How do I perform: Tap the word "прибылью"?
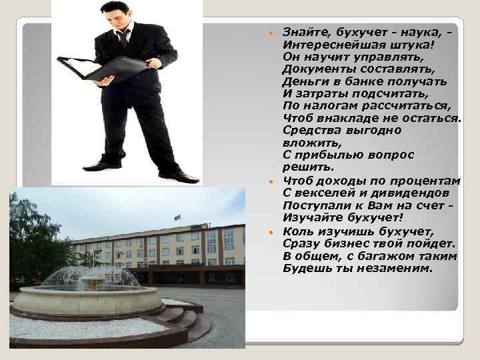pyautogui.click(x=327, y=155)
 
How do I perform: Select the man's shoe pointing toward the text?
pyautogui.click(x=178, y=177)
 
